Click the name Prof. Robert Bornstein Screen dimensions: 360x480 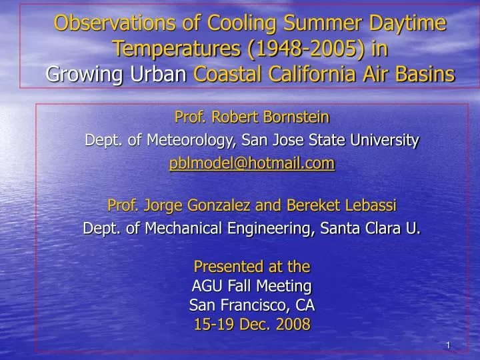[251, 118]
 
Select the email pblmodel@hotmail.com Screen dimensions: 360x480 [251, 163]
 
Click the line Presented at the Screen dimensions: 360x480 [251, 267]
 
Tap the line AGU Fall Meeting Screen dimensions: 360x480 [251, 286]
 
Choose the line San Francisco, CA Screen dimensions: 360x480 [251, 305]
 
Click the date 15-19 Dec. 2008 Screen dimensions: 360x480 [251, 325]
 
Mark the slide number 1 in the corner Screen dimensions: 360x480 [449, 345]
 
